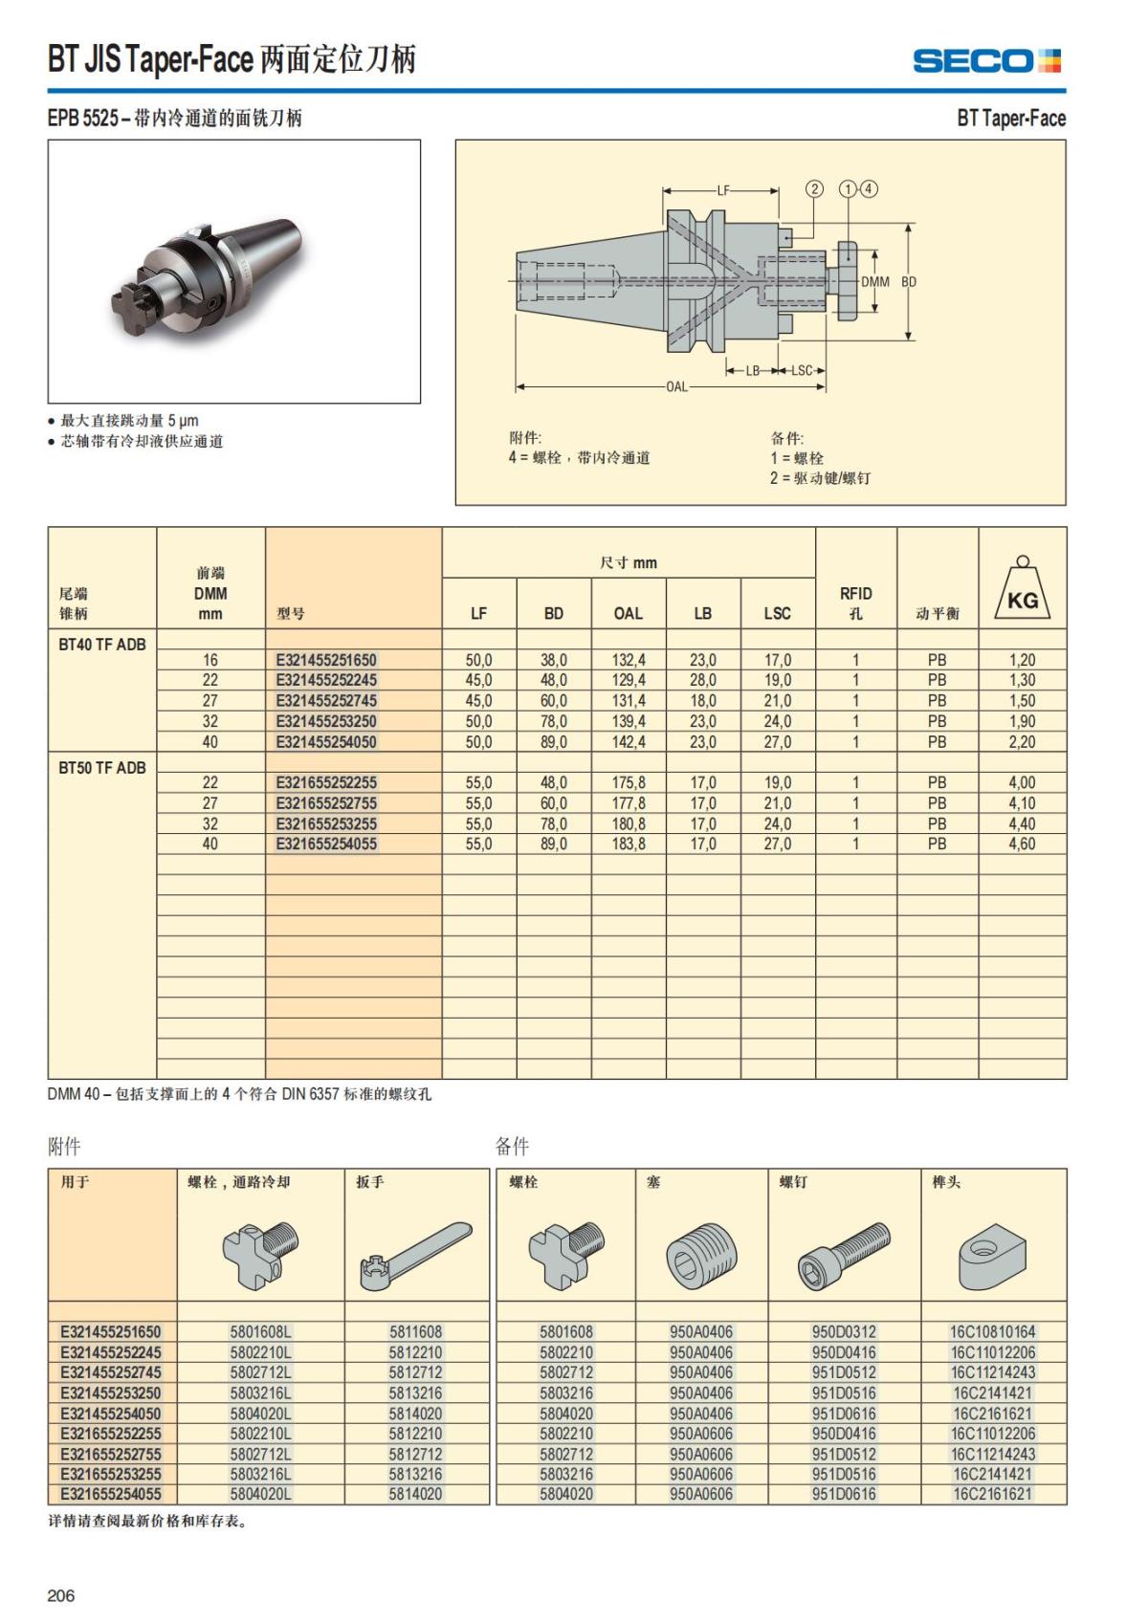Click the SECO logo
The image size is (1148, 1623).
coord(986,61)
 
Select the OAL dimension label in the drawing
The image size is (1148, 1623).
coord(676,386)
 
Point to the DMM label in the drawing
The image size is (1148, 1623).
coord(874,282)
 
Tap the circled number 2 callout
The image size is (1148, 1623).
coord(814,188)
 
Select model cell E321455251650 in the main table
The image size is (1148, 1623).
coord(326,660)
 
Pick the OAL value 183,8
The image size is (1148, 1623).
coord(628,844)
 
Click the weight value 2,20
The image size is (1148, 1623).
coord(1022,741)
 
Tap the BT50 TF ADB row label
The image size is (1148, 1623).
coord(102,767)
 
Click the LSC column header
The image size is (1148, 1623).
coord(777,613)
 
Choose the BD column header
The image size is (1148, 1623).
coord(553,613)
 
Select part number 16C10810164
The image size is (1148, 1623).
coord(992,1331)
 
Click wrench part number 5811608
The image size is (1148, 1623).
coord(415,1331)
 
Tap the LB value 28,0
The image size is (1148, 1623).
coord(702,680)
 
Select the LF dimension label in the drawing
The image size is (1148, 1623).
coord(722,190)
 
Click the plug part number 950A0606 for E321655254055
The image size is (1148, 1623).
coord(701,1494)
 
